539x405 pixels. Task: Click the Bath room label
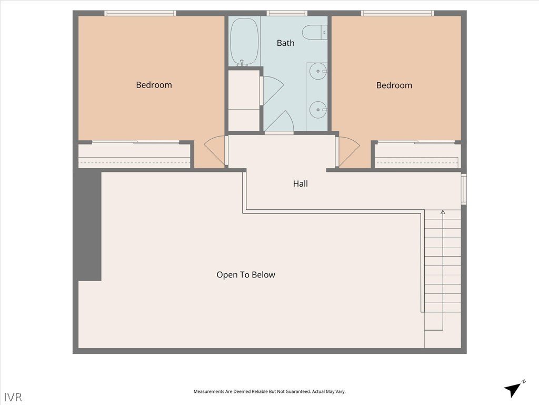pos(286,43)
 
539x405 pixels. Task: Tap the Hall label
pos(301,184)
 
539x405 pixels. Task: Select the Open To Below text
pos(246,275)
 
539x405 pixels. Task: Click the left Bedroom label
pos(154,85)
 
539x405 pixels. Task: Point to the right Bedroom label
pos(394,85)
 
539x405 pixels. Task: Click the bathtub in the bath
pos(244,42)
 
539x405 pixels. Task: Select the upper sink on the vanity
pos(317,72)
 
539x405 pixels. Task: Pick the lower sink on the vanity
pos(317,110)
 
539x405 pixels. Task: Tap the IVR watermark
pos(13,397)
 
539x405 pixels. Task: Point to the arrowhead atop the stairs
pos(443,212)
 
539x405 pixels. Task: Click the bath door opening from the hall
pos(278,121)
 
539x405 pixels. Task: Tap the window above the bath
pos(287,13)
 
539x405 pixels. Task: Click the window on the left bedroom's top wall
pos(140,13)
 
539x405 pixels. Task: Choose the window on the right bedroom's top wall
pos(397,13)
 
